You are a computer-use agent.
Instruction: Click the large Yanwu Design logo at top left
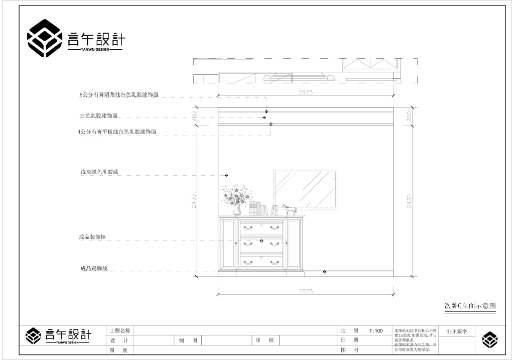75,38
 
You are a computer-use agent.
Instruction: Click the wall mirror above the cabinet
305,189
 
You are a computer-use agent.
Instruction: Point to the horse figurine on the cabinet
289,209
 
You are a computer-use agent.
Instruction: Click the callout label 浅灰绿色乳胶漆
99,172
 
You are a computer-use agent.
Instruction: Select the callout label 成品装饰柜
92,237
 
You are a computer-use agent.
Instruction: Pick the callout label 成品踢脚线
94,269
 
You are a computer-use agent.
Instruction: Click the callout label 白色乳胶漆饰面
98,116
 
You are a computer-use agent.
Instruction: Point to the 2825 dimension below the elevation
306,291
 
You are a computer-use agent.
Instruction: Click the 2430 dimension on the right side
409,201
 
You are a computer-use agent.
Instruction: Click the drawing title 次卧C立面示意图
470,305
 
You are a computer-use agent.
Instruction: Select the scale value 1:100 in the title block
375,331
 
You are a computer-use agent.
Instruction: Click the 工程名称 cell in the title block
120,331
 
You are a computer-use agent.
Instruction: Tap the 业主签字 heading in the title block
457,331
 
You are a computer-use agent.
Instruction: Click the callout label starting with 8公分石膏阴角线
119,94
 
